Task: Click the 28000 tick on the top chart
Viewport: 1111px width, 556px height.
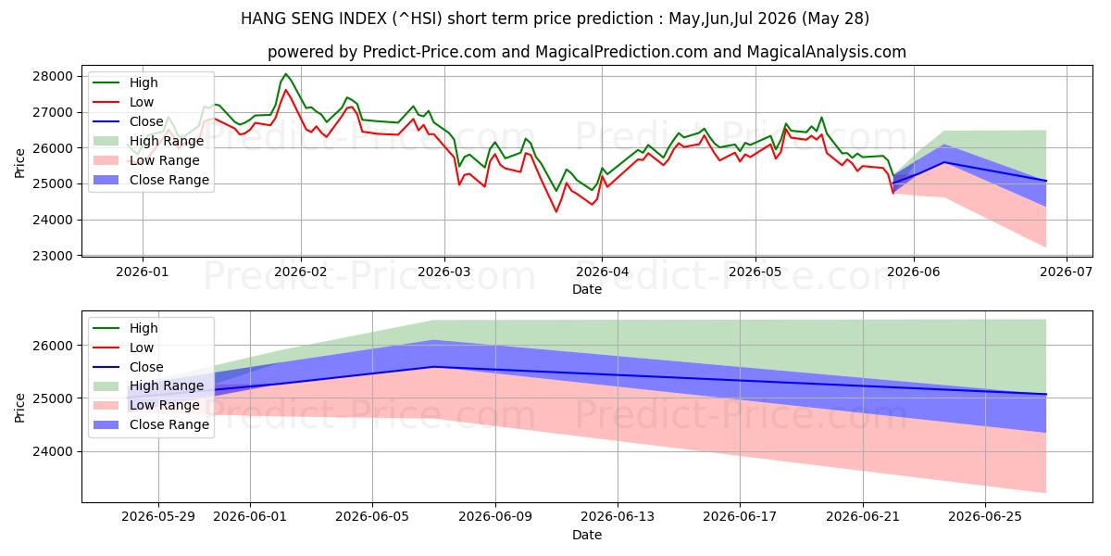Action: [x=53, y=76]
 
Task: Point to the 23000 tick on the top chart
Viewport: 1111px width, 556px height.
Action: [x=53, y=256]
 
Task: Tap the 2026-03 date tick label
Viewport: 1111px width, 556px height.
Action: [x=444, y=272]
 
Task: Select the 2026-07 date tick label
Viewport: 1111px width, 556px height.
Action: [x=1067, y=272]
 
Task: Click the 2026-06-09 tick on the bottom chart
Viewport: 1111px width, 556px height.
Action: [x=495, y=517]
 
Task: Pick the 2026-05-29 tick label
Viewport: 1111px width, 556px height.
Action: [x=158, y=517]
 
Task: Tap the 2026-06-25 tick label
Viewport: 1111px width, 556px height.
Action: [x=985, y=517]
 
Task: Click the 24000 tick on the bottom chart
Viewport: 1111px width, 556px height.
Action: [x=53, y=452]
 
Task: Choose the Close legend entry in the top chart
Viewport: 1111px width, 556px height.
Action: [x=129, y=121]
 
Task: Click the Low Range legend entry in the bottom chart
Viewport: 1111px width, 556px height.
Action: [x=146, y=405]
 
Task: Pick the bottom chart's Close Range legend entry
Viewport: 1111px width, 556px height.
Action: [x=151, y=424]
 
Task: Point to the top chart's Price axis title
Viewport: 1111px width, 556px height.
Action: [x=19, y=163]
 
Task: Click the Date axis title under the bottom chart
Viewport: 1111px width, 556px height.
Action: [x=587, y=535]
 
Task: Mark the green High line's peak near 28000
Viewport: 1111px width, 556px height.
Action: [x=285, y=74]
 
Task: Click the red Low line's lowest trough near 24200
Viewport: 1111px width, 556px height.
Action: [x=556, y=212]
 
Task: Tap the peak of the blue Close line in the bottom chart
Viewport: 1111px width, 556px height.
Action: [x=433, y=367]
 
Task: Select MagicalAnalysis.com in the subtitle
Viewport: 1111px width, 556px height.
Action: [x=826, y=52]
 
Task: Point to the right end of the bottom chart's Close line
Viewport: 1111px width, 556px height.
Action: [x=1046, y=394]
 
